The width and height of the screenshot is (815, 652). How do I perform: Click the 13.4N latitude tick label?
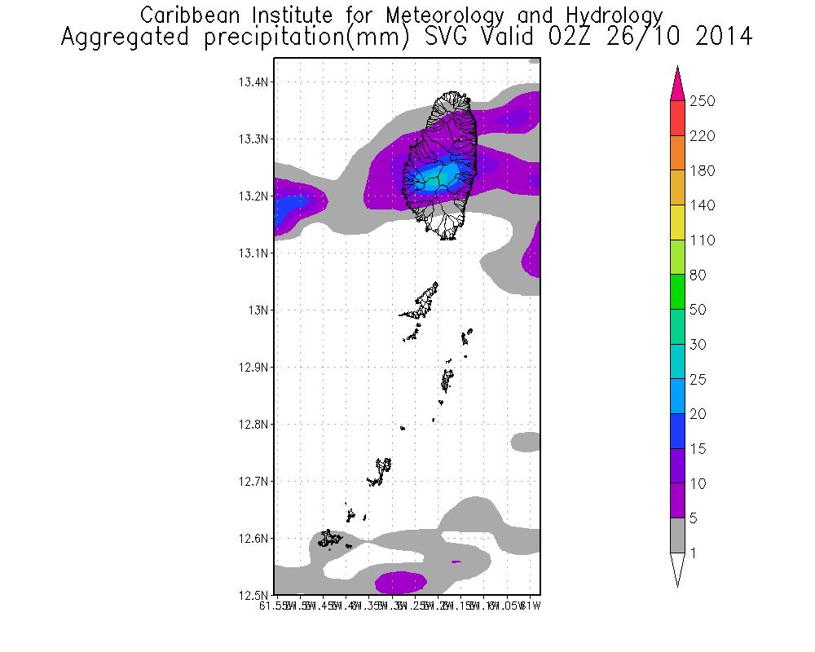click(253, 82)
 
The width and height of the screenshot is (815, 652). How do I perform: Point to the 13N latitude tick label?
click(259, 311)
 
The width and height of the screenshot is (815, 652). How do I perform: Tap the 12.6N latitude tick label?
click(253, 539)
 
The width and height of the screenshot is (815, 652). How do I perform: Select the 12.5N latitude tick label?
click(253, 595)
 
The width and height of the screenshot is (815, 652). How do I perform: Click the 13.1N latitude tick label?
click(253, 253)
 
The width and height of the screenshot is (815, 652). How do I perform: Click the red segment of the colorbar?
click(678, 118)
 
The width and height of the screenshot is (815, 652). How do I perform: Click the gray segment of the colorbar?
click(678, 535)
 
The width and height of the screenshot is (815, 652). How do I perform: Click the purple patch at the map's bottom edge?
click(402, 583)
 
